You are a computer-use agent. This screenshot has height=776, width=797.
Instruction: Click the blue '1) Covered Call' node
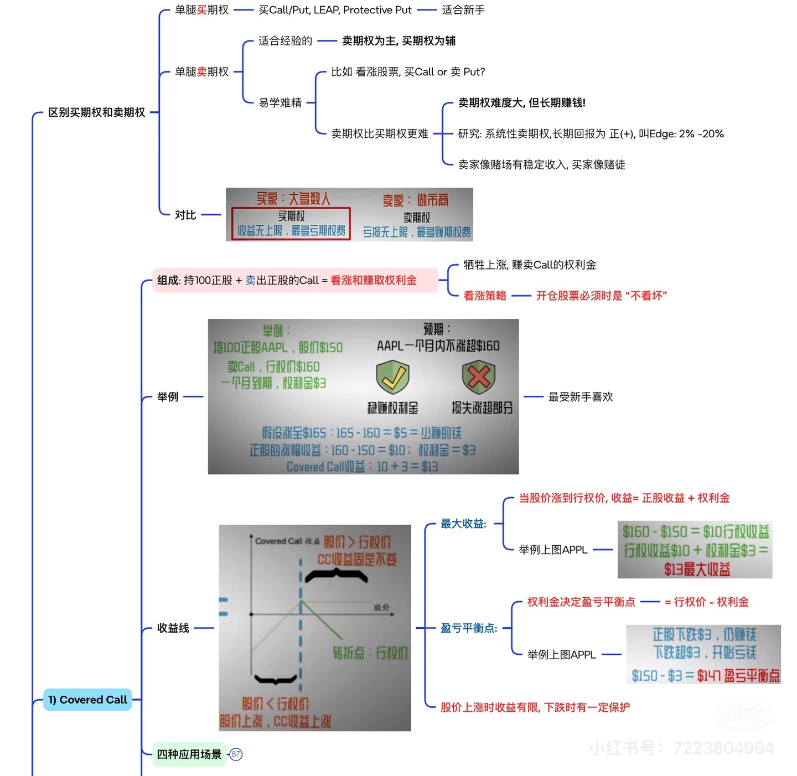tap(87, 700)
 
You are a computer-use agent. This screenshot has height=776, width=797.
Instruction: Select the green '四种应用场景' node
tap(189, 754)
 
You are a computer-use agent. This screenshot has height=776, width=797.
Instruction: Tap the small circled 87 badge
tap(236, 754)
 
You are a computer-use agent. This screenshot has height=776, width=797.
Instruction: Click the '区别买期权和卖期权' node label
tap(96, 112)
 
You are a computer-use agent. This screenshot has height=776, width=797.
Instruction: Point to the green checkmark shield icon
tap(392, 377)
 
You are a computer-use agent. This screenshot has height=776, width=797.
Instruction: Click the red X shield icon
tap(479, 377)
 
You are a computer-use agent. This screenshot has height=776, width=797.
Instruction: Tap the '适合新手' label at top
tap(463, 10)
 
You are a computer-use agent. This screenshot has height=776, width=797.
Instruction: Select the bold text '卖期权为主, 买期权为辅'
tap(398, 41)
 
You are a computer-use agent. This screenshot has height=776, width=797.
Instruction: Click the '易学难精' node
tap(280, 102)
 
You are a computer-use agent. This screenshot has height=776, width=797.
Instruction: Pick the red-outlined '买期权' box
tap(291, 223)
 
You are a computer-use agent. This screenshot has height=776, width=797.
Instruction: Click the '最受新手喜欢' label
tap(581, 397)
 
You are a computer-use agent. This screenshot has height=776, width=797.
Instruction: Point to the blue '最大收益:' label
tap(463, 524)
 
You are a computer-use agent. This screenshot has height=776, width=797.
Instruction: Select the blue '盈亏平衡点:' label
tap(469, 628)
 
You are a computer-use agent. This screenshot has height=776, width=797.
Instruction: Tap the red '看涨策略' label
tap(485, 296)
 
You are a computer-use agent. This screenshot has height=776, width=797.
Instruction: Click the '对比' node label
tap(185, 215)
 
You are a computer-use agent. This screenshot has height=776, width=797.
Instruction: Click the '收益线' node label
tap(173, 628)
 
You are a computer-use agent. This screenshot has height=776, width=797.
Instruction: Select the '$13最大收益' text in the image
tap(697, 569)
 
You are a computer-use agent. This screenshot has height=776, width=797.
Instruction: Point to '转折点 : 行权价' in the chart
tap(370, 653)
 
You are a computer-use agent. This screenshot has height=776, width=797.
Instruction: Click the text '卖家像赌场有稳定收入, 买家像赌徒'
tap(541, 164)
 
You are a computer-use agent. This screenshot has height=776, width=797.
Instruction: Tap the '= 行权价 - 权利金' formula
tap(706, 602)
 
